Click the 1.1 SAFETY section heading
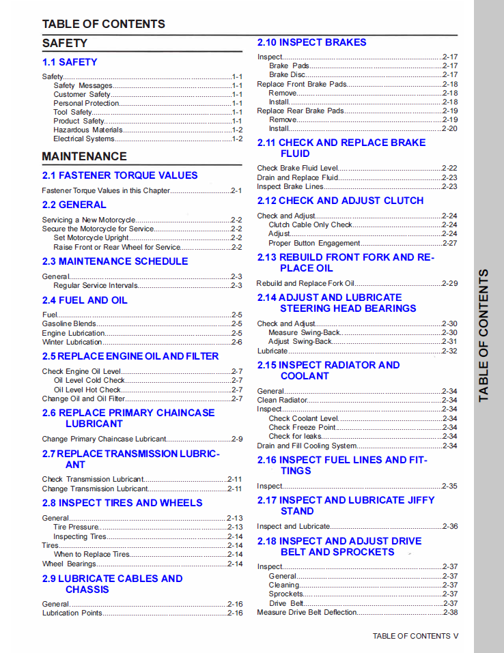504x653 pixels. tap(70, 62)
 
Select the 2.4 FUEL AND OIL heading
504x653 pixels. tap(84, 300)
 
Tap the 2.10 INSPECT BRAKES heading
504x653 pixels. tap(311, 42)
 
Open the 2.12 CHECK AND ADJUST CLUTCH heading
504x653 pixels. tap(340, 201)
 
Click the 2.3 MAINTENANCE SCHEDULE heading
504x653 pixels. tap(115, 261)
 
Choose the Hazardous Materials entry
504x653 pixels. tap(88, 130)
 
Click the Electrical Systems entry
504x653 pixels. tap(84, 139)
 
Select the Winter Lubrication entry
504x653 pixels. tap(72, 342)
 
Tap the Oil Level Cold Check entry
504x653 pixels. tap(89, 380)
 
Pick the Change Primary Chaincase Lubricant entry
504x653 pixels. tap(104, 439)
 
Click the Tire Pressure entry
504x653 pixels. tap(76, 527)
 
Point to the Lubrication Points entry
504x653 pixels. tap(72, 613)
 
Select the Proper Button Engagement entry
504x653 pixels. tap(314, 243)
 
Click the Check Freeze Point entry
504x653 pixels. tap(302, 427)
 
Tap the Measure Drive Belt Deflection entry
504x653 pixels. tap(307, 612)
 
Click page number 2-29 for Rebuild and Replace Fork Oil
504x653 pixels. tap(449, 283)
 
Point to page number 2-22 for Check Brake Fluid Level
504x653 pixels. tap(449, 168)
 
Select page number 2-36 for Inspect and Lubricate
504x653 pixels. tap(449, 526)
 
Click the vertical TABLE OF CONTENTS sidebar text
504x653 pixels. tap(484, 335)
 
